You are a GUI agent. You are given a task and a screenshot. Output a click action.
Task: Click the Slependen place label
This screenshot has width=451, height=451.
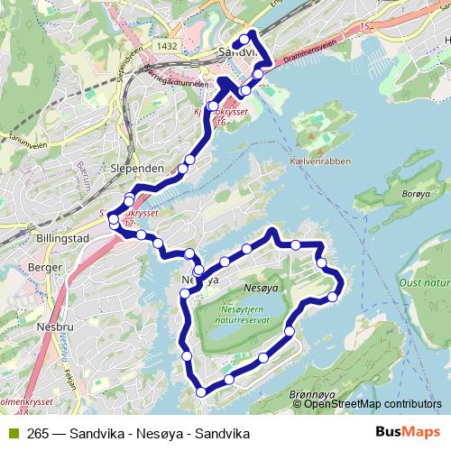(136, 169)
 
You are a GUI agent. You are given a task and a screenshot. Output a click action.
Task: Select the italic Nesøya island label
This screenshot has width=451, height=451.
(262, 288)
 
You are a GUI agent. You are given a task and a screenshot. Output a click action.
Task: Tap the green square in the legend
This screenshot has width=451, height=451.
(11, 433)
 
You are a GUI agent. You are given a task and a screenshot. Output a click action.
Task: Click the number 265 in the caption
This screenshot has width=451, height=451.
(37, 433)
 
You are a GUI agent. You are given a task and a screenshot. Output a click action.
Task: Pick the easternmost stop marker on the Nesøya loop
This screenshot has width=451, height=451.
(334, 296)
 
